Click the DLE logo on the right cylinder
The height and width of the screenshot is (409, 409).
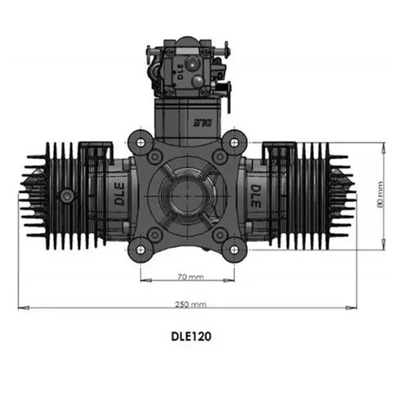coord(254,196)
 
